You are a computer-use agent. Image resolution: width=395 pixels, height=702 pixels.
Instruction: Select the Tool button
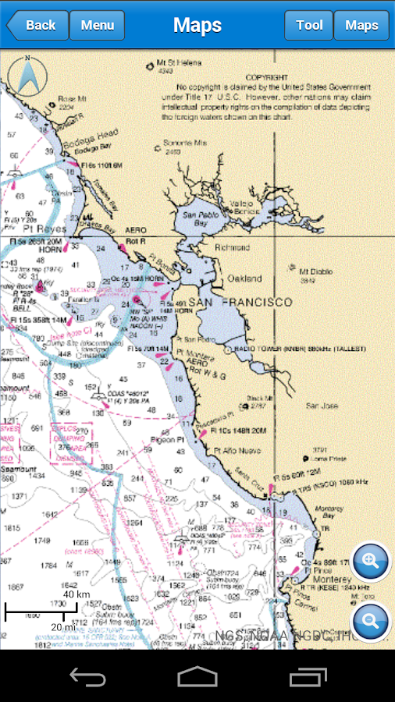coord(309,25)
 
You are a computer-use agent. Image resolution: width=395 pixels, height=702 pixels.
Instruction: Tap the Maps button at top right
coord(361,25)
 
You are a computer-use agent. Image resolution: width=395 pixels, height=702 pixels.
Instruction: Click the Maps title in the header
coord(197,25)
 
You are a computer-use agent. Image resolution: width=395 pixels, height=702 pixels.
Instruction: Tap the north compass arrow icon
coord(27,76)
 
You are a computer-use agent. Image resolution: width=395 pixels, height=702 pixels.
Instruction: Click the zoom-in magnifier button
coord(371,560)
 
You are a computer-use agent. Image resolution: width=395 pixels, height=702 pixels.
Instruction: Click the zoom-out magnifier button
coord(371,622)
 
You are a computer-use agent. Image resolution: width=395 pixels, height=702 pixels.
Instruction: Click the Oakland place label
coord(244,278)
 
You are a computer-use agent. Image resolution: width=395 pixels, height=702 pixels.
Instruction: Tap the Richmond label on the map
coord(232,248)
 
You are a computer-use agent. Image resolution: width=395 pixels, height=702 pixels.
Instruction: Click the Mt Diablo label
coord(316,271)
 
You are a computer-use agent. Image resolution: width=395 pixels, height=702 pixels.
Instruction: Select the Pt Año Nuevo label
coord(237,451)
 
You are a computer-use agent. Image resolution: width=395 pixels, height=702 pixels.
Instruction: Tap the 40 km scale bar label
coord(76,594)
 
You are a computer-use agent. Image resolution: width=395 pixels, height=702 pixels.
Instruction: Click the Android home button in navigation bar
coord(197,675)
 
